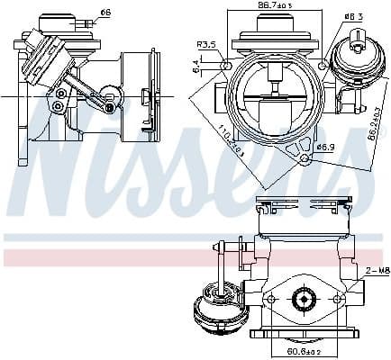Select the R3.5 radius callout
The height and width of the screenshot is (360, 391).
click(206, 44)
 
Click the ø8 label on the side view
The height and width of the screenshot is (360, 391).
click(105, 13)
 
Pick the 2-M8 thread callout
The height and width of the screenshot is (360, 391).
click(377, 270)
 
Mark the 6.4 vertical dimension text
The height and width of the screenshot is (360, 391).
click(196, 65)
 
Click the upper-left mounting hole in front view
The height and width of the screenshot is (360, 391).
click(226, 67)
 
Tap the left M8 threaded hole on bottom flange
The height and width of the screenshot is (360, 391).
click(269, 298)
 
